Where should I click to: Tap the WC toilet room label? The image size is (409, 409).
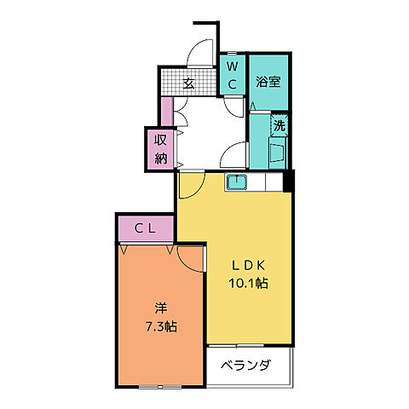coord(232,74)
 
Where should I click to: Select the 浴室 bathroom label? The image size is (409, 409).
coord(268,83)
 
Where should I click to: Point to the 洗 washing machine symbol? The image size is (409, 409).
coord(279,126)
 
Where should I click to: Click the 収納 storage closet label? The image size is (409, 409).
coord(160,148)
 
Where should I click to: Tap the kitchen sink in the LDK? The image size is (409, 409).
coord(236,182)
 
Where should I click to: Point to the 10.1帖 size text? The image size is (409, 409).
coord(250,284)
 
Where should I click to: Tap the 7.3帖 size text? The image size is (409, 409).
coord(161,325)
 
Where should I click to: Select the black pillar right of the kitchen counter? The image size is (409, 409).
coord(288,181)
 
